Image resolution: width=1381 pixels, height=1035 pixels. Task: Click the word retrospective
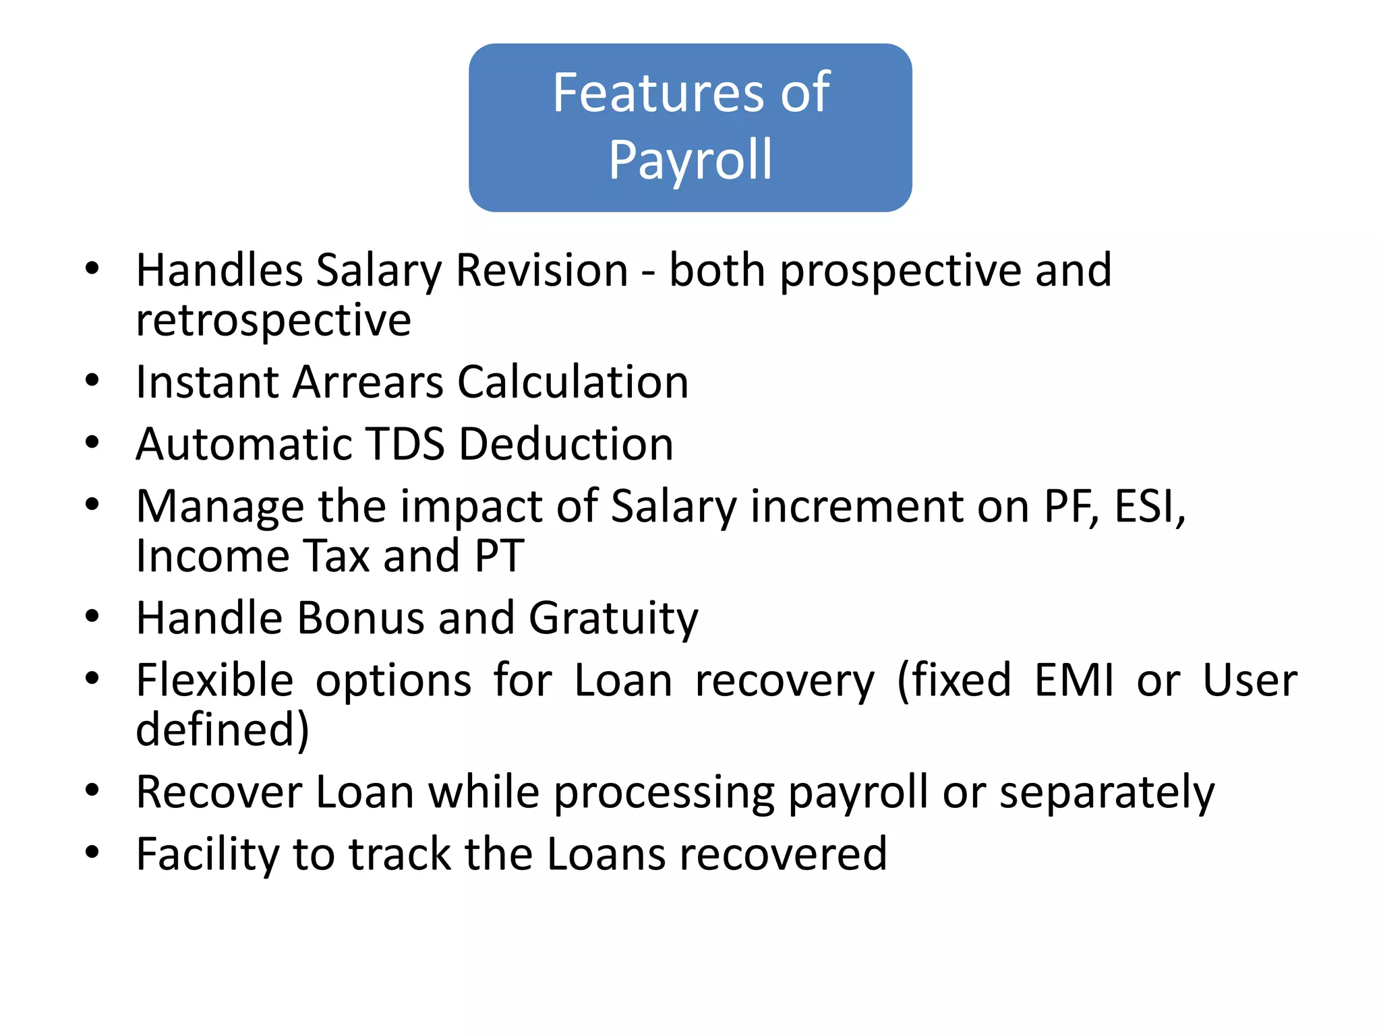[273, 320]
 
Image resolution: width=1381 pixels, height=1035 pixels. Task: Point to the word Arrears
[368, 382]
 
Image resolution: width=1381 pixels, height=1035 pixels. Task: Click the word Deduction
[566, 444]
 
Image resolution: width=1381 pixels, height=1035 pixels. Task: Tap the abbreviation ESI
[1149, 506]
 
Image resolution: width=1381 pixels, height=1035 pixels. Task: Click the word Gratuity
[614, 619]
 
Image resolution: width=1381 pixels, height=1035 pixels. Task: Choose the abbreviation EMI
[1074, 680]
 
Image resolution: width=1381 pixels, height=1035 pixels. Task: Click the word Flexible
[215, 680]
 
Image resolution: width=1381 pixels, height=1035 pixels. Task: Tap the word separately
[1107, 792]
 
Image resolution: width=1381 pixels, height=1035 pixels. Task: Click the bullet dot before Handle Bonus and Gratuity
[92, 617]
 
